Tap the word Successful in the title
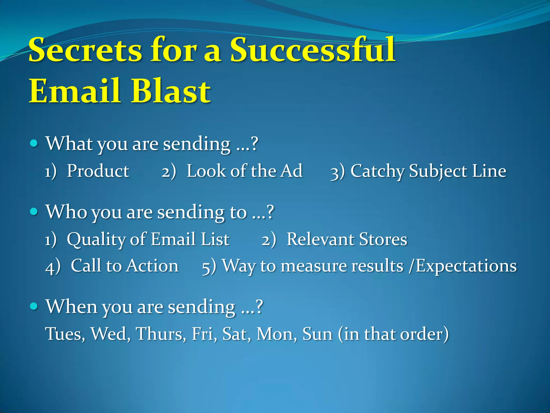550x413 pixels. (312, 50)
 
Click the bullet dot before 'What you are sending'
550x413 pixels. (34, 143)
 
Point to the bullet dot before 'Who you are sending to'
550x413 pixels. (34, 211)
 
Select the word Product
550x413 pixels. (98, 171)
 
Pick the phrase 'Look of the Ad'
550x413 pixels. (244, 171)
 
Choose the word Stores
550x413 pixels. (383, 239)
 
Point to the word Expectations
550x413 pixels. (466, 266)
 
